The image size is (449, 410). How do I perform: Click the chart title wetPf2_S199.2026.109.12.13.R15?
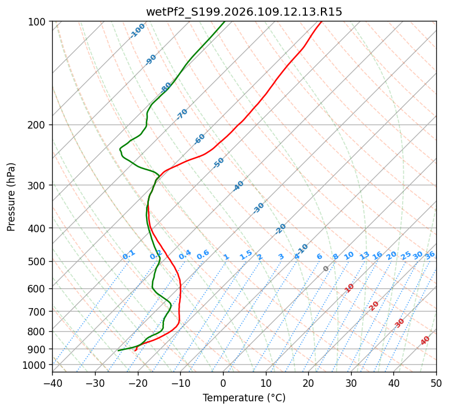244,12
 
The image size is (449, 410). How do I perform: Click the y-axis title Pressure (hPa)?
11,196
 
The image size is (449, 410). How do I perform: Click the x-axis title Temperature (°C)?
244,398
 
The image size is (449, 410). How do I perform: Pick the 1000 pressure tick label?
36,365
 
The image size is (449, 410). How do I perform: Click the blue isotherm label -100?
137,31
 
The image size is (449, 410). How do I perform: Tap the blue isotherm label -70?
182,114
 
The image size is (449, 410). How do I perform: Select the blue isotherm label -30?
258,208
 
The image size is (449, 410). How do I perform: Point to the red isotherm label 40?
425,341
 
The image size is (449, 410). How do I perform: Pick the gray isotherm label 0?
326,269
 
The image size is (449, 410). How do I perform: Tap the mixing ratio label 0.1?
129,255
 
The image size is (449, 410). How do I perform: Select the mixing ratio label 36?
430,255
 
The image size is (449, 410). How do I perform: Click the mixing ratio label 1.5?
246,255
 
